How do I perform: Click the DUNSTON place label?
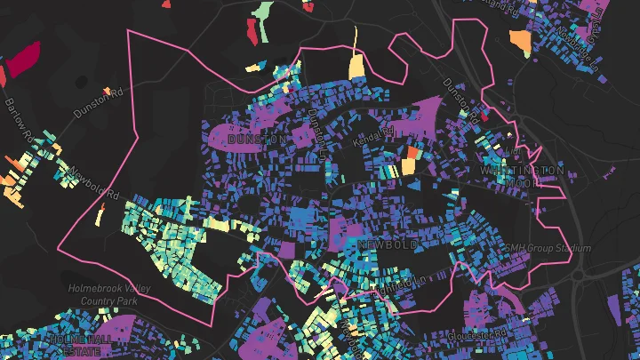click(x=257, y=140)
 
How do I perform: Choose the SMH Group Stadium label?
click(x=548, y=249)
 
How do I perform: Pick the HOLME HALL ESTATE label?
click(x=83, y=345)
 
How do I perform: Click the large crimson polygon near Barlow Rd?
click(x=22, y=60)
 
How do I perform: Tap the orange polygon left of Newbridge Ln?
click(x=520, y=42)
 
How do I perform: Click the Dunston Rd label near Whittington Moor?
click(x=461, y=97)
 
